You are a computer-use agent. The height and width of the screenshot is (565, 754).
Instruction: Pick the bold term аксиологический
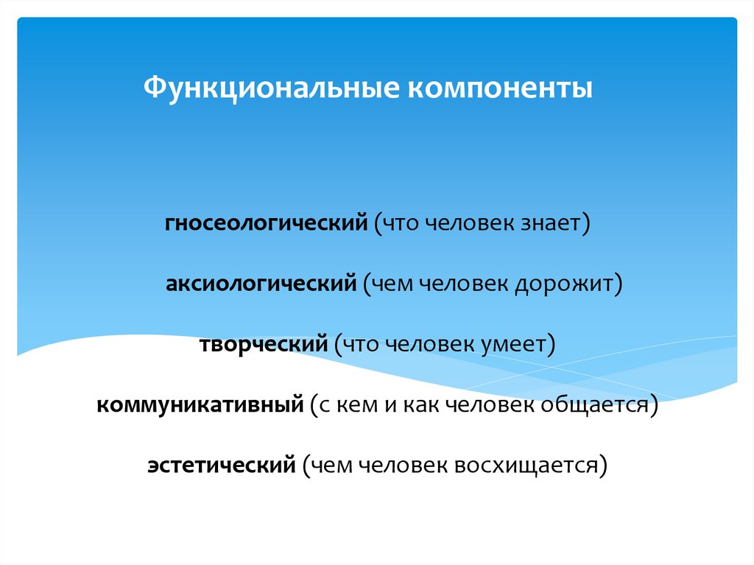tap(261, 284)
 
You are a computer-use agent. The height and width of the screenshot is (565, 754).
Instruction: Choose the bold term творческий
tap(263, 344)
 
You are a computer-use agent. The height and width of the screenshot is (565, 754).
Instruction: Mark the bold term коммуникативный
tap(200, 404)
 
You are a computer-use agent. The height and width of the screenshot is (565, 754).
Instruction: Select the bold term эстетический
tap(221, 466)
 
